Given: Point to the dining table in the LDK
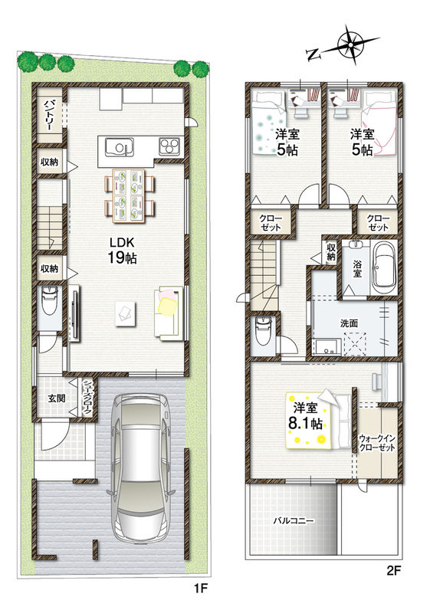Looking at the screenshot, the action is [130, 195].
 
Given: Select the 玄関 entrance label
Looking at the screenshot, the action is [56, 398].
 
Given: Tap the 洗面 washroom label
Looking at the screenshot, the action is [349, 323].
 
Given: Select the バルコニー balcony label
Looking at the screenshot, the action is [293, 521].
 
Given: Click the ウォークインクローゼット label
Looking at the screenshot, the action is [377, 443].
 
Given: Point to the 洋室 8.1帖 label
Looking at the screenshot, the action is [306, 416].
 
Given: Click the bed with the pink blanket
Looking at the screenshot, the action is [378, 124].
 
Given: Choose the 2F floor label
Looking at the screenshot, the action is [394, 571].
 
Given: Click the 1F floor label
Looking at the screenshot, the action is [199, 588].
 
